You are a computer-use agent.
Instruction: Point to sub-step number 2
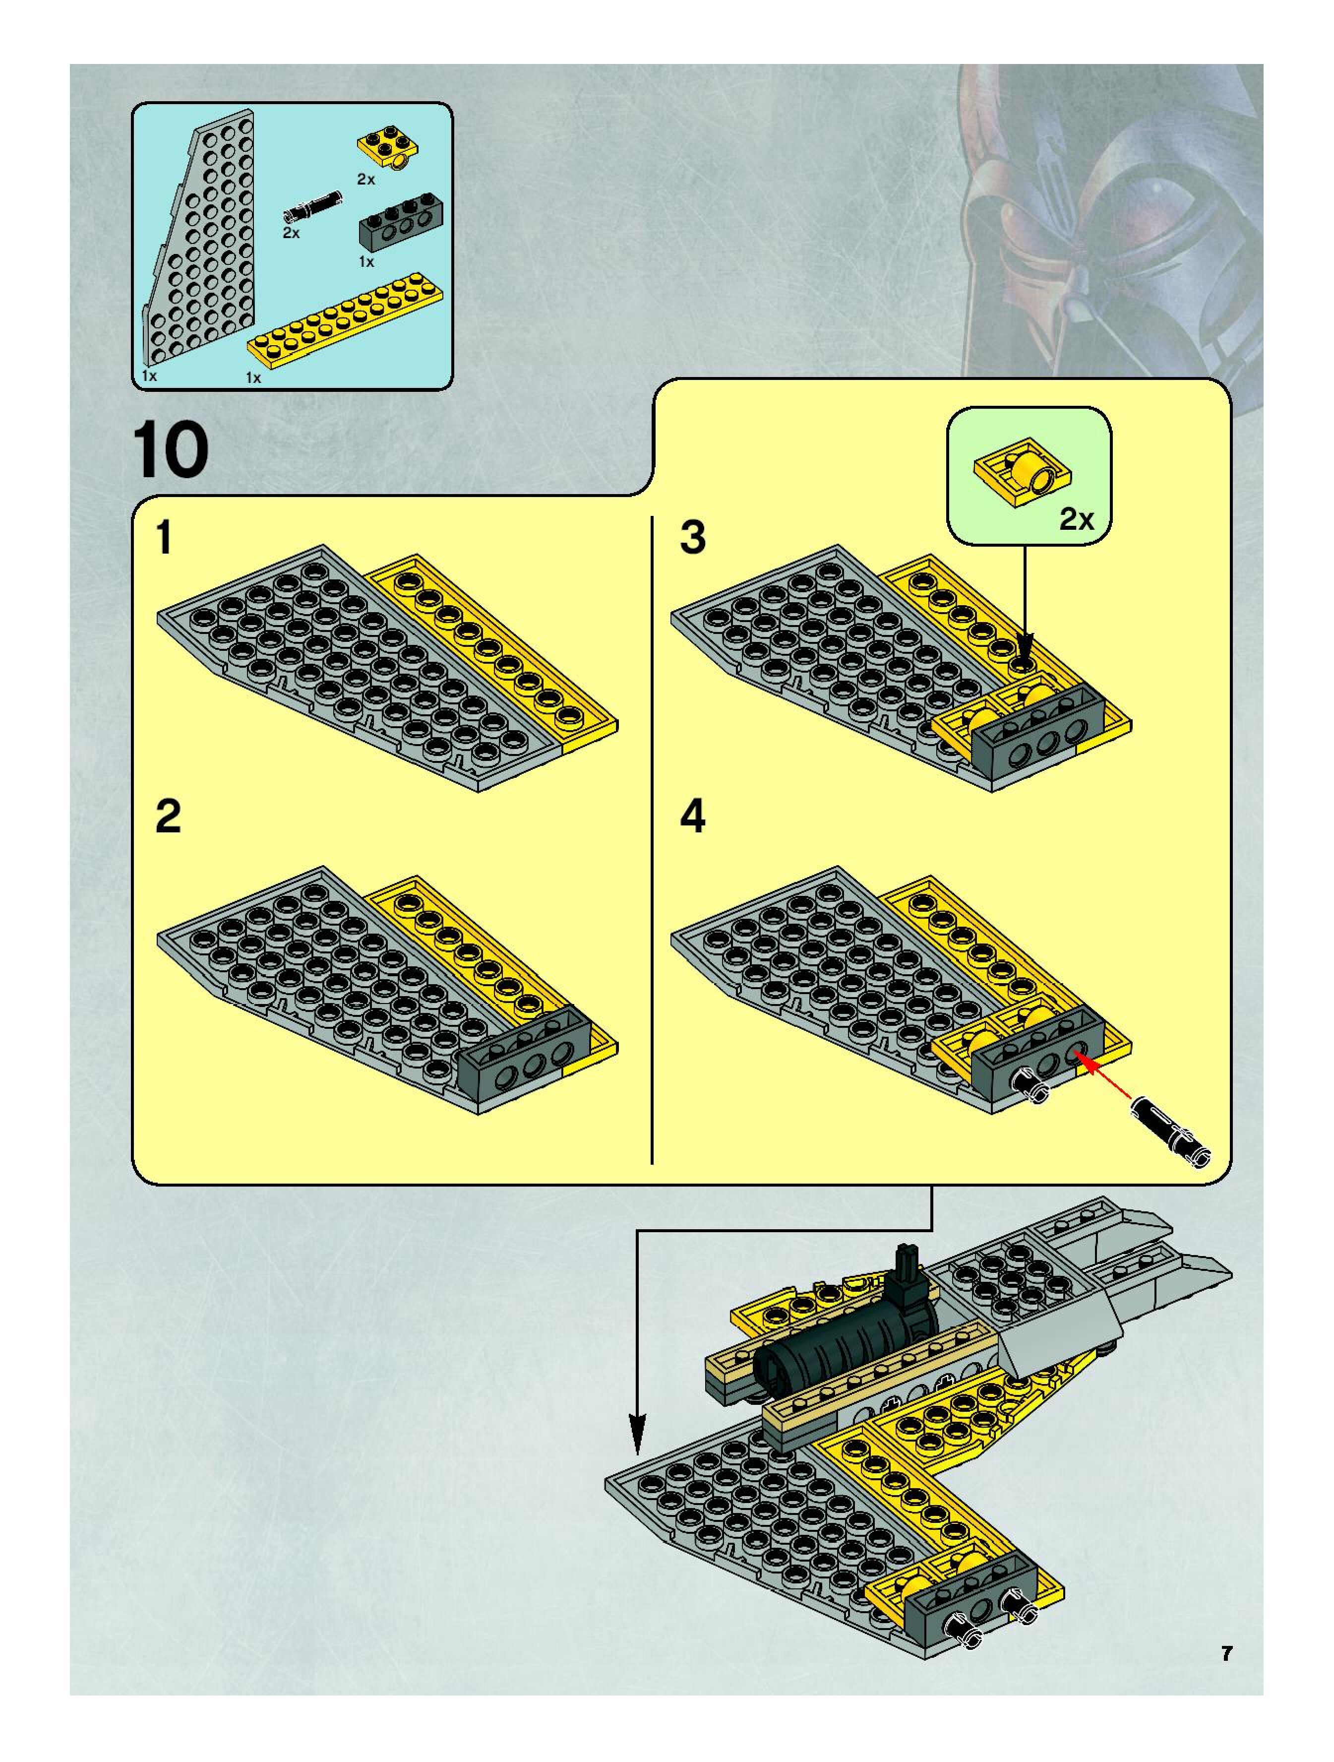coord(168,818)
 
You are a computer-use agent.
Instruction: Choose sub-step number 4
coord(693,818)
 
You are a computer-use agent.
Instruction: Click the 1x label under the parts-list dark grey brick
coord(366,261)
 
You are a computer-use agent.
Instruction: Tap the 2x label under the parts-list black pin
coord(291,233)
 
